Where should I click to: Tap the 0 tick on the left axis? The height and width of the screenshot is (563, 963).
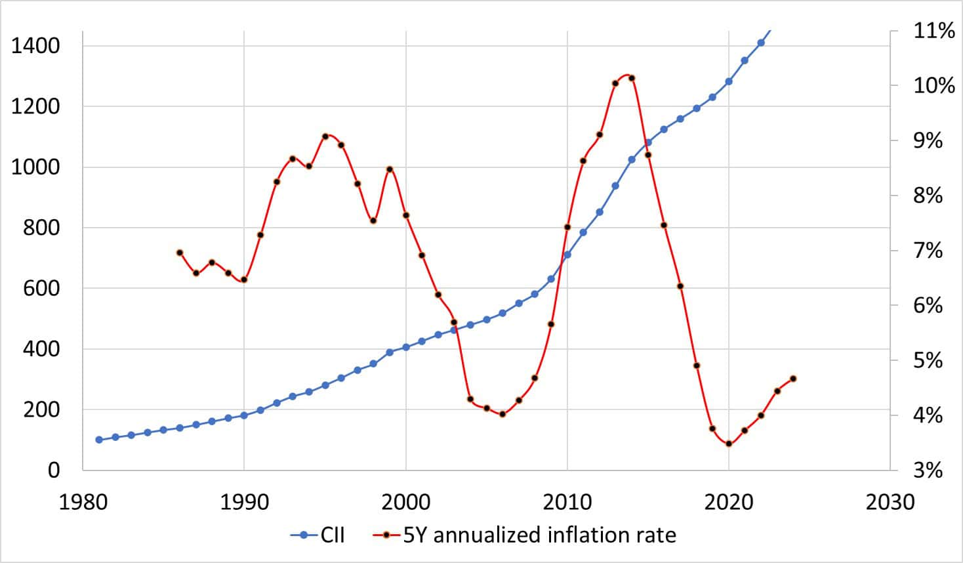(53, 470)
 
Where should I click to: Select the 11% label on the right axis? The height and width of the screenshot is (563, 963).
(934, 30)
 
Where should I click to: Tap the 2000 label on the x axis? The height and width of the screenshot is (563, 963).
(406, 503)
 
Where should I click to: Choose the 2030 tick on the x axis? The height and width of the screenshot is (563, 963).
(890, 503)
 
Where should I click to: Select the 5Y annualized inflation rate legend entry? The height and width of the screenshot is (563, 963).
(525, 535)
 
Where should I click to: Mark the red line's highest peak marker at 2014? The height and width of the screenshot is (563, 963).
(632, 78)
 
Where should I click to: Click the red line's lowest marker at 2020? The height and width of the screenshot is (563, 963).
(729, 444)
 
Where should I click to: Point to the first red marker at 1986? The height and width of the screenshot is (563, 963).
(180, 253)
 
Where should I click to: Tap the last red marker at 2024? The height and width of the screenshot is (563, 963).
(793, 379)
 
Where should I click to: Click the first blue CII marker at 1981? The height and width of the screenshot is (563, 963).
(99, 440)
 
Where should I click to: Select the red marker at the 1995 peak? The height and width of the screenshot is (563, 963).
(325, 136)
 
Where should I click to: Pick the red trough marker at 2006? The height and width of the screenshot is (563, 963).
(502, 414)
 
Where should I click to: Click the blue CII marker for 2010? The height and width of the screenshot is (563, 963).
(567, 255)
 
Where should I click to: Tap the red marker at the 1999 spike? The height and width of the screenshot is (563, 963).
(390, 169)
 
